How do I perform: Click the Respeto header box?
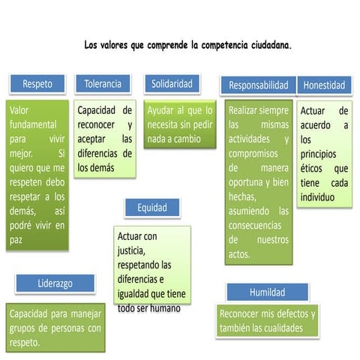37,84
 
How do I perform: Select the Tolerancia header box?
103,84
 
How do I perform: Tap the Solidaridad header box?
172,84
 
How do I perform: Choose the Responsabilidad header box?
259,85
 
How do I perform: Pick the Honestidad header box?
324,85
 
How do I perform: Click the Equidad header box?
152,208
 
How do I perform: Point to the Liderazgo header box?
55,283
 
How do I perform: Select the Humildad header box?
268,292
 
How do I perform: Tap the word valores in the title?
114,45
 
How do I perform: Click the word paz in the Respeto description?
16,241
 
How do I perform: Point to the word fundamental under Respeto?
33,124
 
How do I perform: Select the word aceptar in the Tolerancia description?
91,139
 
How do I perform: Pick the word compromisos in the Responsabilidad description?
253,154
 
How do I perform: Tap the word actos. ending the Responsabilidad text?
239,254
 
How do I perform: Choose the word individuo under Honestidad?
317,197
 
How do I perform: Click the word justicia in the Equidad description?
131,250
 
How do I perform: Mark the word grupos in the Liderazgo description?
22,328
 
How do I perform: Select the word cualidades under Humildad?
282,328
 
